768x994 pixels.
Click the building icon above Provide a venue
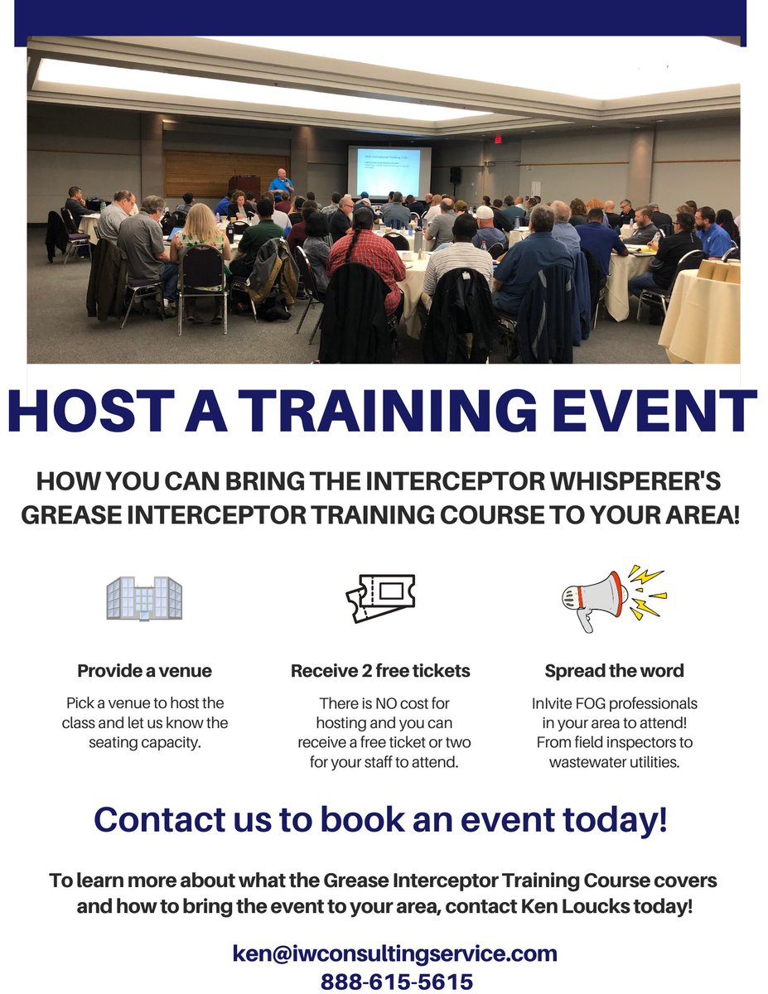pos(144,597)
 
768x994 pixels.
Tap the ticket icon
pos(380,597)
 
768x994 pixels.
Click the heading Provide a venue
pos(144,671)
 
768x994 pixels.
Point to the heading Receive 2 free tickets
pos(380,671)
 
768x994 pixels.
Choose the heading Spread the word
pos(614,671)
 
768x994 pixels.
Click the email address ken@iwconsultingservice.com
pos(394,953)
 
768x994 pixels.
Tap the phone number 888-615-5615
pos(397,982)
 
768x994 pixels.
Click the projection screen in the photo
pos(389,171)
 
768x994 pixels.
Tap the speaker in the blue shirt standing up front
pos(282,184)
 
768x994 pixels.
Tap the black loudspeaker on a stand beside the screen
pos(455,175)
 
